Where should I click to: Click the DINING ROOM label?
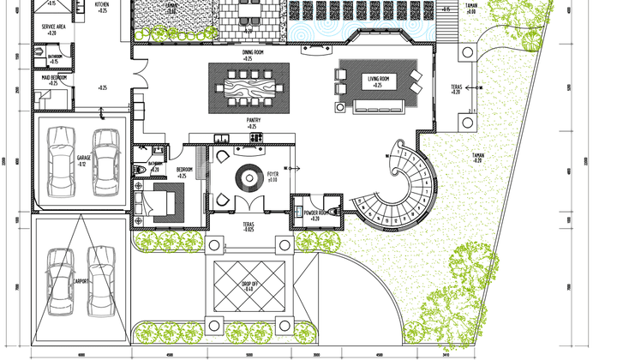[253, 51]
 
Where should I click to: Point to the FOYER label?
[272, 174]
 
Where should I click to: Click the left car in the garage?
[61, 161]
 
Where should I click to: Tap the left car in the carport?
[59, 281]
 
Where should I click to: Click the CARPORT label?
[81, 280]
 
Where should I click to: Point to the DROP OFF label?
[249, 285]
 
